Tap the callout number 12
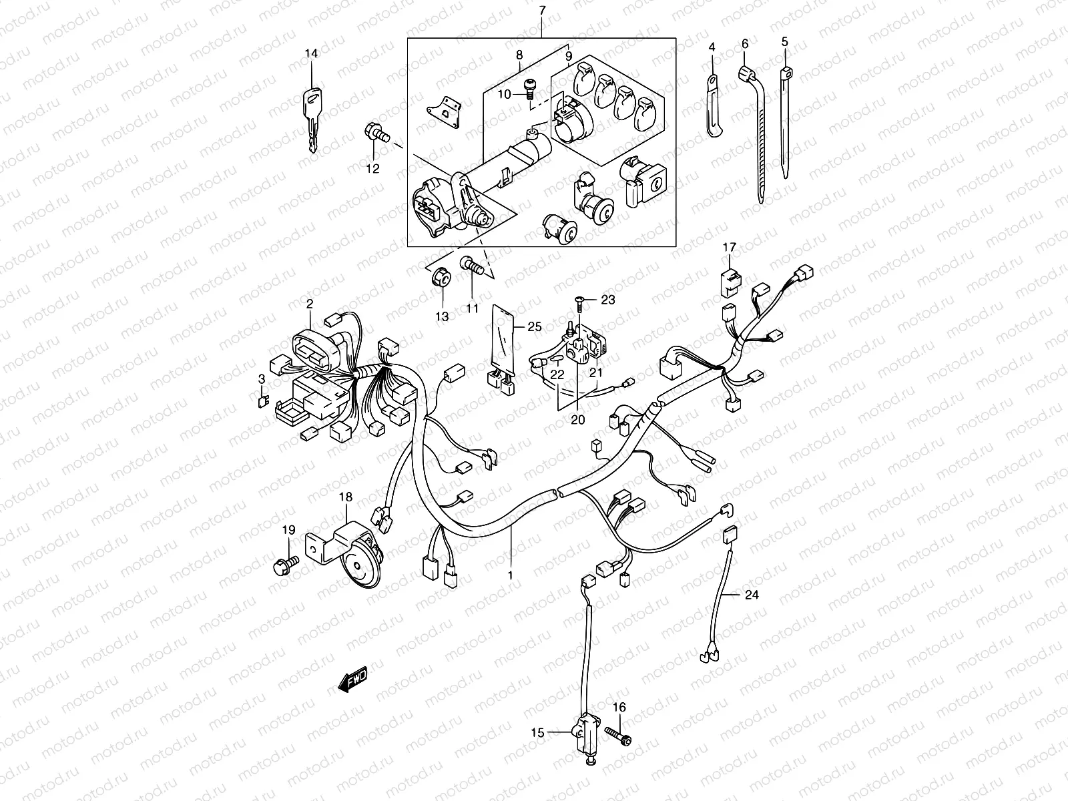pos(372,169)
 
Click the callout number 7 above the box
pos(541,10)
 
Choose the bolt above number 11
pos(471,268)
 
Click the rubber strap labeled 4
pos(714,107)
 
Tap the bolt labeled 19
pos(284,564)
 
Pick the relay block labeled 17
pos(728,281)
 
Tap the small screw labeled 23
pos(579,304)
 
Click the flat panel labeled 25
pos(502,340)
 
